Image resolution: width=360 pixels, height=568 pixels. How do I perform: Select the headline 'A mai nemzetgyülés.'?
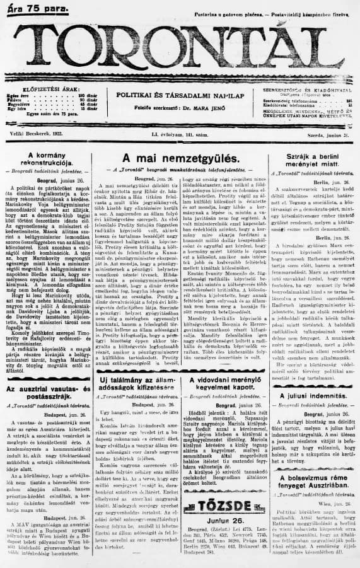tap(180, 158)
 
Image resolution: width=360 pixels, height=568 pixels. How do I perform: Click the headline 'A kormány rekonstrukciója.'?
tap(44, 159)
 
